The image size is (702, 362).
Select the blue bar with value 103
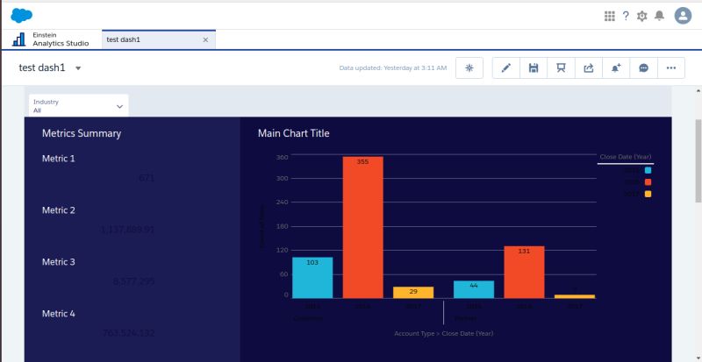pyautogui.click(x=312, y=278)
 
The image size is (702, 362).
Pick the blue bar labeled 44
pyautogui.click(x=474, y=289)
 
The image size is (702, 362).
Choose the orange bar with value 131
pyautogui.click(x=524, y=272)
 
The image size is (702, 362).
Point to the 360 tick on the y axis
pyautogui.click(x=282, y=158)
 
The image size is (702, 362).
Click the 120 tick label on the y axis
pyautogui.click(x=282, y=250)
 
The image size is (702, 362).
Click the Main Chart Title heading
pyautogui.click(x=294, y=133)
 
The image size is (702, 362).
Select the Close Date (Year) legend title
pyautogui.click(x=625, y=157)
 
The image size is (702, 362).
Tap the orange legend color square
pyautogui.click(x=648, y=181)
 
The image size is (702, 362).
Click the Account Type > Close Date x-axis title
pyautogui.click(x=443, y=333)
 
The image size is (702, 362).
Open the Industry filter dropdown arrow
pyautogui.click(x=119, y=106)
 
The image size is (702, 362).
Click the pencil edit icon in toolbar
pyautogui.click(x=506, y=67)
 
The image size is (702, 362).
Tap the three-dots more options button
pyautogui.click(x=671, y=67)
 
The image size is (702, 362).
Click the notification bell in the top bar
pyautogui.click(x=659, y=16)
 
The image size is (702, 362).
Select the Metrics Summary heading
pyautogui.click(x=82, y=133)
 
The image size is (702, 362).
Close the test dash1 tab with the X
pyautogui.click(x=205, y=39)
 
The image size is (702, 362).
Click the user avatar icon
pyautogui.click(x=683, y=16)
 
